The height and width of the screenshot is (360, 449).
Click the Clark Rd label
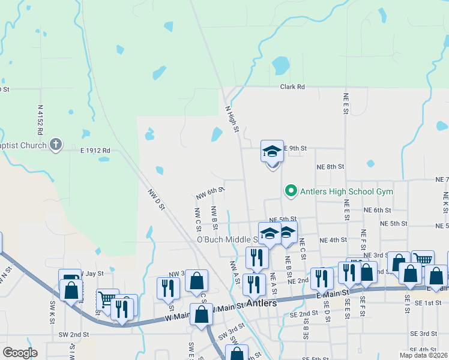click(292, 87)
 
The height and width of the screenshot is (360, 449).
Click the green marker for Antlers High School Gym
click(291, 191)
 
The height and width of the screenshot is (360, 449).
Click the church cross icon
click(56, 144)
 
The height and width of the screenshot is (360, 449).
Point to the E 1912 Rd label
click(95, 150)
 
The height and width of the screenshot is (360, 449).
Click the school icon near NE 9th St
click(272, 151)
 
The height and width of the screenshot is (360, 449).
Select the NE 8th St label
click(331, 167)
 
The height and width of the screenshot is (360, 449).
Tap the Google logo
click(20, 353)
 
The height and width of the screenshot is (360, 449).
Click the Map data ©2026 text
click(424, 355)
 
